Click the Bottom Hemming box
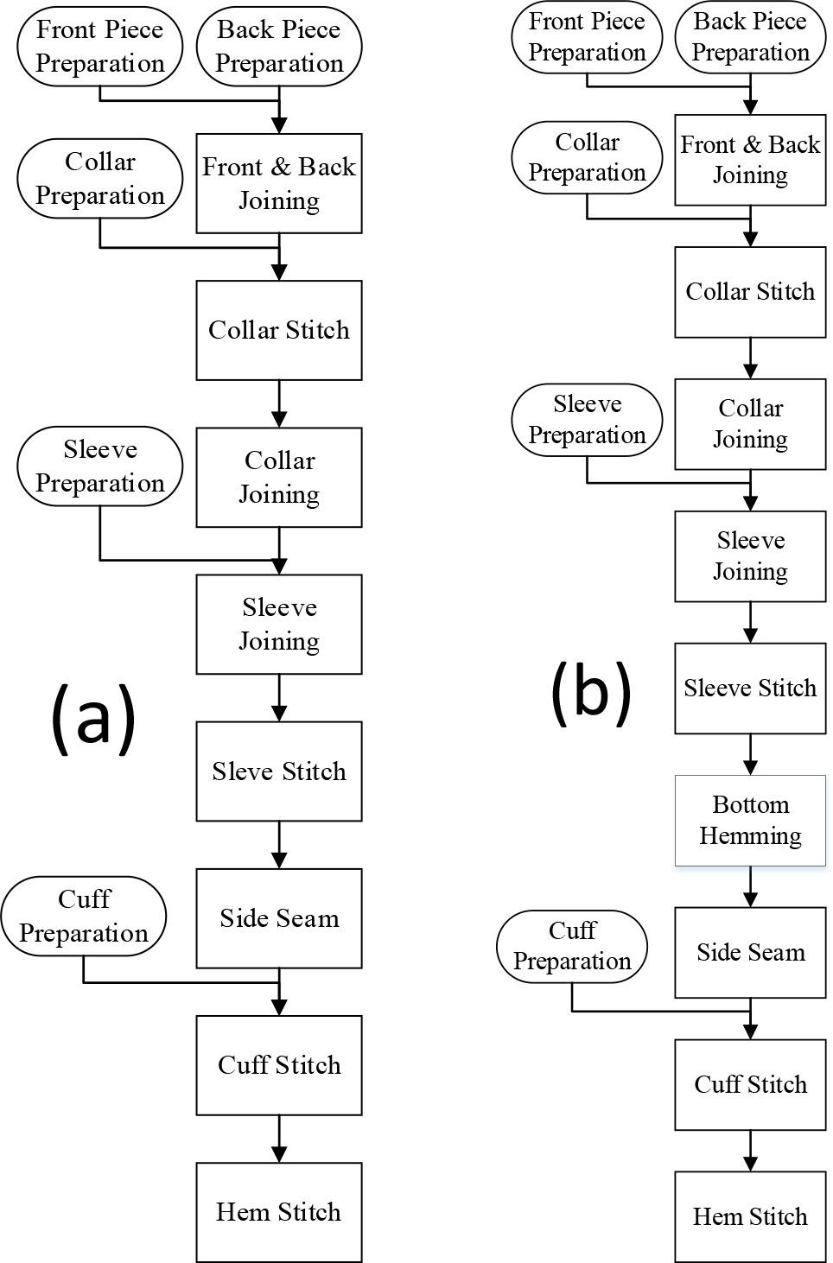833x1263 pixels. [750, 821]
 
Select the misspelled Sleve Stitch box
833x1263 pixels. [278, 771]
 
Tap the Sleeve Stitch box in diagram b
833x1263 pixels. [750, 689]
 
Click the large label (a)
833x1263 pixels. [93, 716]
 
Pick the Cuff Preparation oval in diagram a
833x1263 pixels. [84, 917]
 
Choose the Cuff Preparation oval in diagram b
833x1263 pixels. [572, 946]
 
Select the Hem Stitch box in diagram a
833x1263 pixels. [278, 1212]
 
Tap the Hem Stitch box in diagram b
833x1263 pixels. [750, 1216]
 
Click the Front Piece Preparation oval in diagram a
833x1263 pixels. [99, 47]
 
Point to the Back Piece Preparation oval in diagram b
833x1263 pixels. [750, 37]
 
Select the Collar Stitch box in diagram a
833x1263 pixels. [278, 330]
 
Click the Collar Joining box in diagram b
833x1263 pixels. [750, 424]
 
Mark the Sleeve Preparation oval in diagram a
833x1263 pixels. [99, 466]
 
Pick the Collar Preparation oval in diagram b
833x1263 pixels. [587, 157]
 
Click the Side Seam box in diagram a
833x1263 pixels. [278, 918]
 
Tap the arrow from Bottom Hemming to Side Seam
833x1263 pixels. [750, 886]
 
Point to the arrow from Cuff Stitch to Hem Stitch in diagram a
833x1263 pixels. [278, 1139]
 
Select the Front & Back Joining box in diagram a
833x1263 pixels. [278, 183]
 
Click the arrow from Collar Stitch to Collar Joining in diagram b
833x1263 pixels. [750, 358]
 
